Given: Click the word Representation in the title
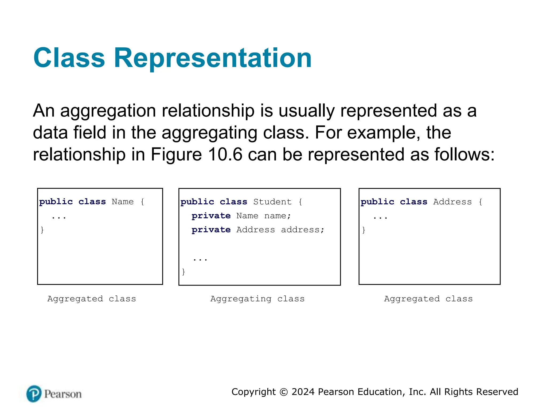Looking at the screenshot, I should [213, 58].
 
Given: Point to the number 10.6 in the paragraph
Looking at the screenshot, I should [225, 155].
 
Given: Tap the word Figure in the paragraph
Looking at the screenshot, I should [176, 155].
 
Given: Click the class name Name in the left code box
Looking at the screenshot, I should [123, 202].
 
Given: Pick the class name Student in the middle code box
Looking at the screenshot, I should [272, 202].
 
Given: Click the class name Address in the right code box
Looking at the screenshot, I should [452, 202].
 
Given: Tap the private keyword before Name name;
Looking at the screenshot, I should [211, 216].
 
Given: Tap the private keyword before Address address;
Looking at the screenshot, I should [211, 230].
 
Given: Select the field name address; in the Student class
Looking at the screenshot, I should [303, 230].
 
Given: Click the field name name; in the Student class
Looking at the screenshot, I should [278, 216].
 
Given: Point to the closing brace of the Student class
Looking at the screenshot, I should [183, 272].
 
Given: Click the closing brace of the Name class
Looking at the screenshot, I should [42, 230].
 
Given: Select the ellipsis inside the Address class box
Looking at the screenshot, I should [380, 217].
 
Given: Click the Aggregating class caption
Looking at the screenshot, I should [257, 299].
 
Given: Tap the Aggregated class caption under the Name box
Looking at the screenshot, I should [92, 299].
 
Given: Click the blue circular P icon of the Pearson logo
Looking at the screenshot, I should [34, 394].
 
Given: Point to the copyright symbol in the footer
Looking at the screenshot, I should [284, 392].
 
